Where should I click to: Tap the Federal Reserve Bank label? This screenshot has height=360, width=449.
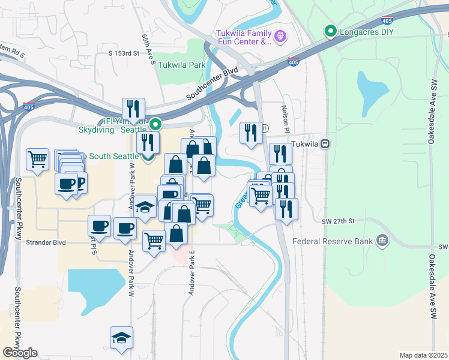332,242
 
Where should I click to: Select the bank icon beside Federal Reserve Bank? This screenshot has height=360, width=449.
382,242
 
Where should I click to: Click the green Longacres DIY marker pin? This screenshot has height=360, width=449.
329,31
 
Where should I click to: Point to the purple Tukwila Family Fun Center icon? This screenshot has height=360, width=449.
280,37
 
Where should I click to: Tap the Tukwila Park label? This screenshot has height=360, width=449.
181,65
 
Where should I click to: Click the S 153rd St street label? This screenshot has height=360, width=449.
124,53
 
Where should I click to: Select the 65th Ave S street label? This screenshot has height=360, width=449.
149,49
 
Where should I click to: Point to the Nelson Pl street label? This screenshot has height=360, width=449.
286,119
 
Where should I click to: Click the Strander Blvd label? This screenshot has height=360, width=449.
46,243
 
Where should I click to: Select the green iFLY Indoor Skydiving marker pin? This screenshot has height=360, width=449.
155,125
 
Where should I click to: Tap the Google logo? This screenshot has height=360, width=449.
20,353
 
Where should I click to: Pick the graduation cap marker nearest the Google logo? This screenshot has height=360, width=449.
121,337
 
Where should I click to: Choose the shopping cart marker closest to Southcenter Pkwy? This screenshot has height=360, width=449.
37,160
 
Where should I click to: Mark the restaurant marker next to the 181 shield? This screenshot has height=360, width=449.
250,133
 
